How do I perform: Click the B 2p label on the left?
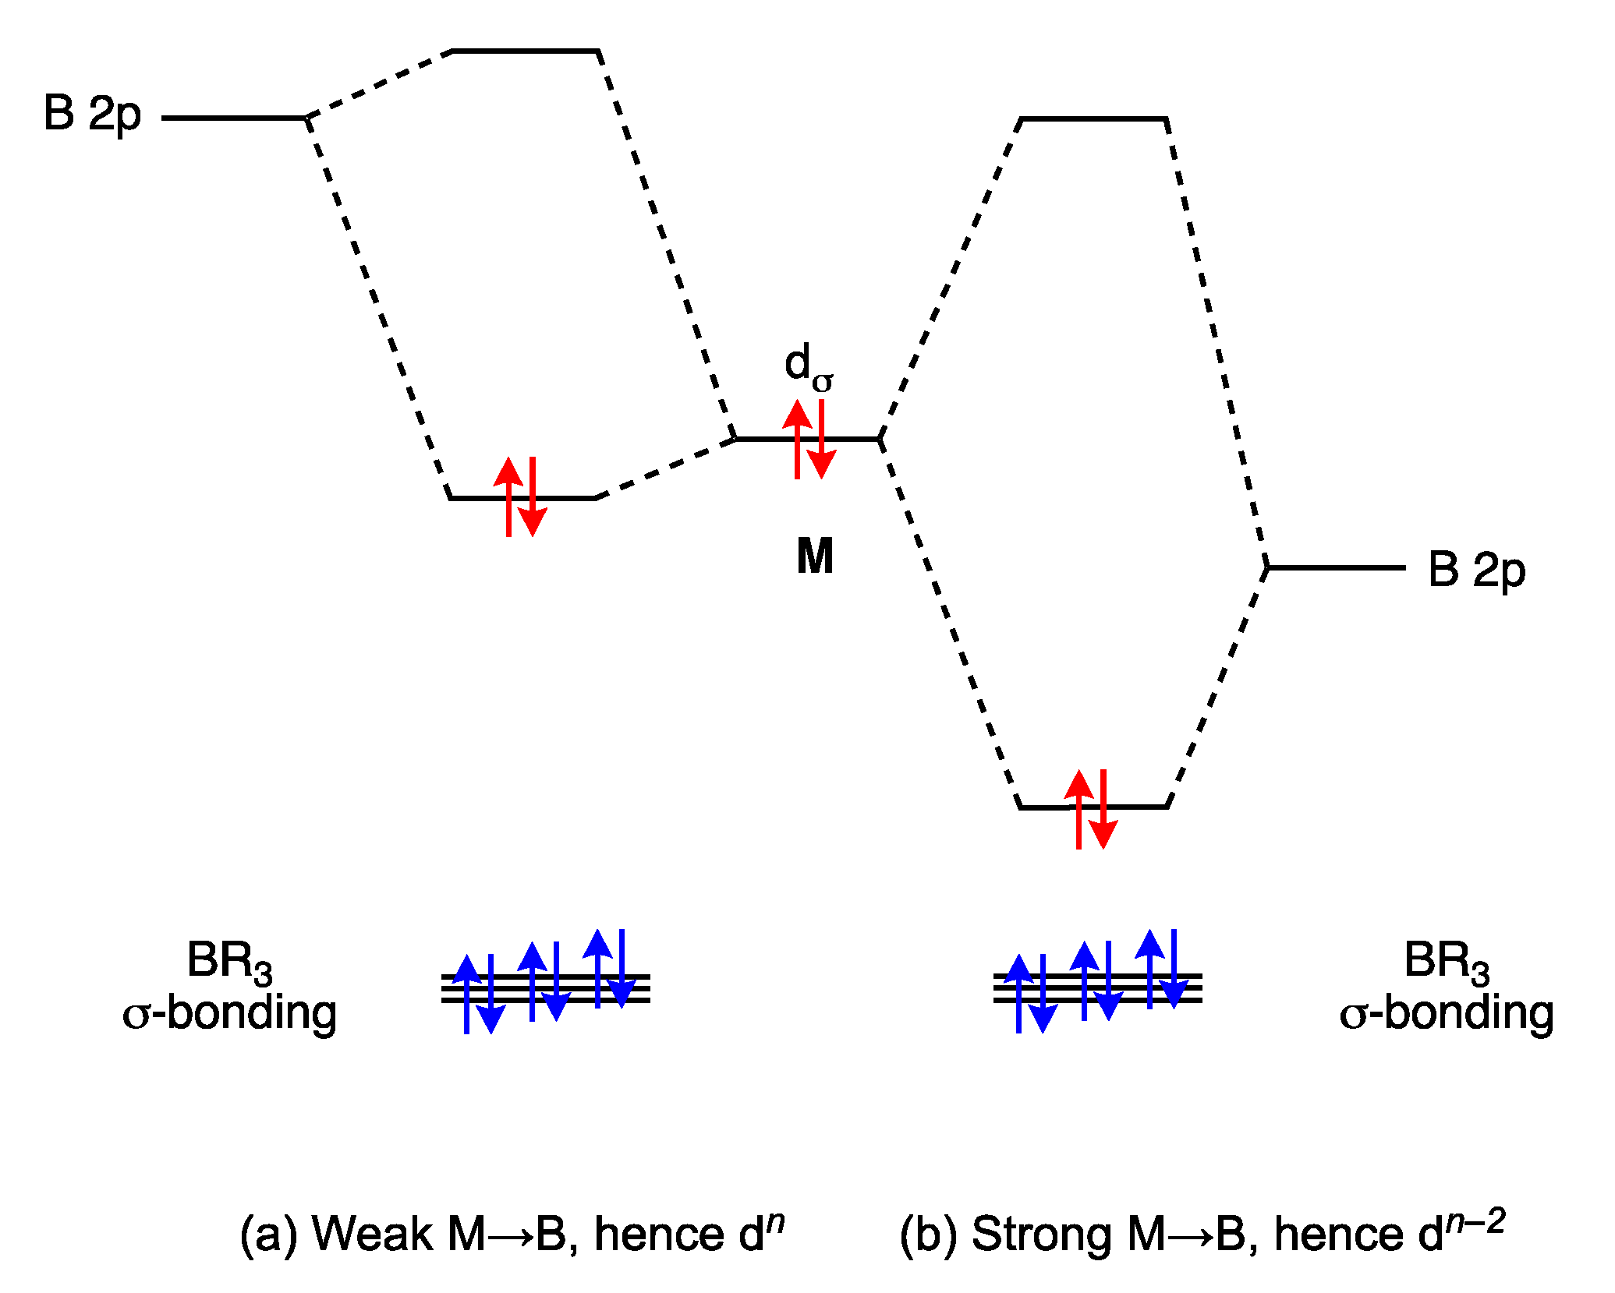pyautogui.click(x=92, y=114)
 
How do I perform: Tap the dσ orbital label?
pyautogui.click(x=809, y=367)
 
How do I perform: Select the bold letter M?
pyautogui.click(x=815, y=556)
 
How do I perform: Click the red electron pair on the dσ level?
pyautogui.click(x=809, y=439)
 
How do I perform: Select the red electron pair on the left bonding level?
pyautogui.click(x=520, y=497)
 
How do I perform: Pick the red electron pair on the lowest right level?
pyautogui.click(x=1091, y=809)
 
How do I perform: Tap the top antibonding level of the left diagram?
pyautogui.click(x=526, y=51)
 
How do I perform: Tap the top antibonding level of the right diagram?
pyautogui.click(x=1093, y=119)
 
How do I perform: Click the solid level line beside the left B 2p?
pyautogui.click(x=234, y=118)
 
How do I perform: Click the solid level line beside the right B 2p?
pyautogui.click(x=1336, y=568)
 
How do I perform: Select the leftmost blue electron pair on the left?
pyautogui.click(x=478, y=994)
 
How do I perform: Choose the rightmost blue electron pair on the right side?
pyautogui.click(x=1161, y=969)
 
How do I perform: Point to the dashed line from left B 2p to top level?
pyautogui.click(x=380, y=84)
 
